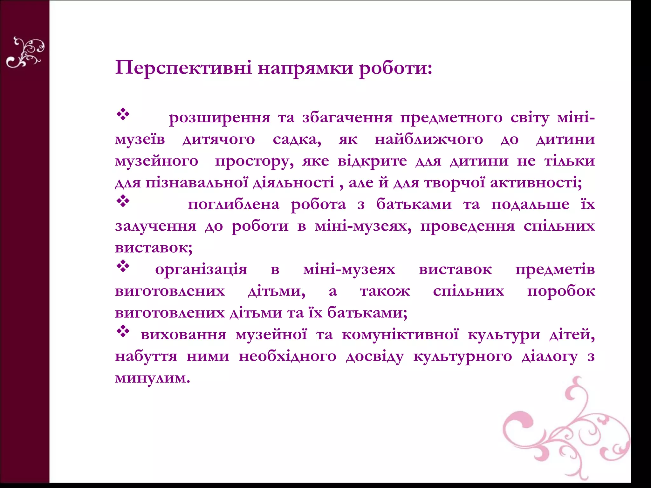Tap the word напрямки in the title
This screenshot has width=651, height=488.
click(305, 68)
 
